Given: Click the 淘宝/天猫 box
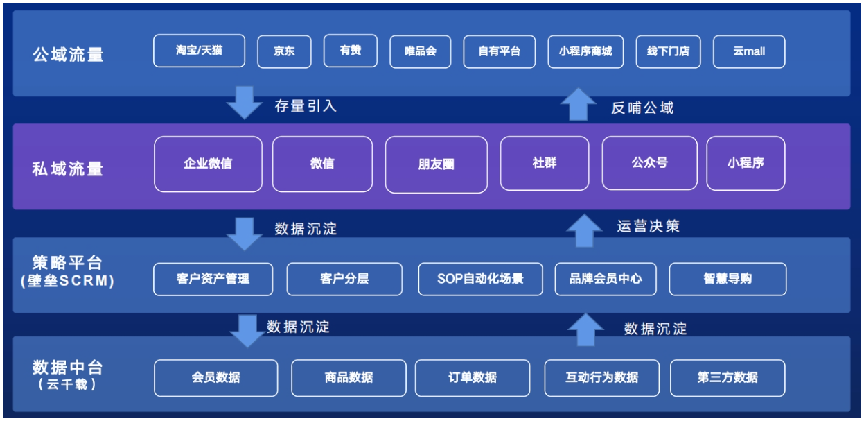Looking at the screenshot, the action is coord(199,51).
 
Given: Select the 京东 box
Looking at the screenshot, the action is coord(284,51).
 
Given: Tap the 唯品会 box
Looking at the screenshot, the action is coord(421,51).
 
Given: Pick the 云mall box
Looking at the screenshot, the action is coord(749,51).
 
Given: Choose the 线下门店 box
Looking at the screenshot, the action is coord(669,51).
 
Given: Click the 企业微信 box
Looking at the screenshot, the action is coord(209,164).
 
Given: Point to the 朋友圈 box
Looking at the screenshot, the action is coord(437,164).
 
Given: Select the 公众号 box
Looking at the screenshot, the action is coord(649,163).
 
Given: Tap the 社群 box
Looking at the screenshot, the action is coord(545,163).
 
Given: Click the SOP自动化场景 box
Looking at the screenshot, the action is coord(480,279).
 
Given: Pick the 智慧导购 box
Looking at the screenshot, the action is coord(728,279).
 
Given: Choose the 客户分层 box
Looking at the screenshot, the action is coord(344,279).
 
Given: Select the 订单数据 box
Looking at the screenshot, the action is coord(473,378).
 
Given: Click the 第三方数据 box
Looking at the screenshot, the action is coord(728,378).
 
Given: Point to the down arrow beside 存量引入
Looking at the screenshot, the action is coord(245,103).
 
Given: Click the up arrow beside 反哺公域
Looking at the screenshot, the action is coord(579,104).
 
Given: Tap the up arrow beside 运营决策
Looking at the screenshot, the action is coord(584,230).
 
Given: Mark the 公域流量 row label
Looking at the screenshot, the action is coord(68,55).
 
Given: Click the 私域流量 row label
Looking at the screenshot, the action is coord(67,169).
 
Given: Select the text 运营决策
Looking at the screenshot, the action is coord(649,226).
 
